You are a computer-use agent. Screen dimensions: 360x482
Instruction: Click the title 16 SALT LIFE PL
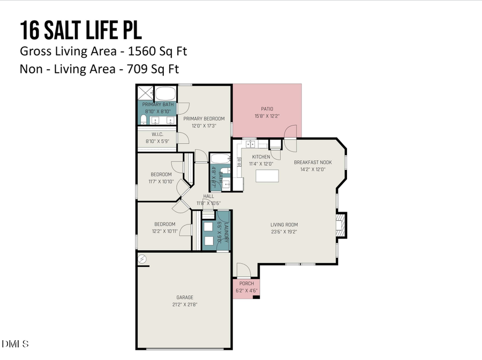[81, 31]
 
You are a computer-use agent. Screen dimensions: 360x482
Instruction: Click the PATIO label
[267, 108]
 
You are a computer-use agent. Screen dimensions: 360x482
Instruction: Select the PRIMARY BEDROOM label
[204, 118]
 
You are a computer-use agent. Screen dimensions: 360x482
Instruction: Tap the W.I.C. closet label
[157, 134]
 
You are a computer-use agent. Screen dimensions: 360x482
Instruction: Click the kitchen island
[268, 176]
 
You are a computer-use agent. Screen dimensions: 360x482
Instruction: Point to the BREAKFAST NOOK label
[313, 162]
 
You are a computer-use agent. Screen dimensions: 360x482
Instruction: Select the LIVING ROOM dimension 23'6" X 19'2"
[284, 232]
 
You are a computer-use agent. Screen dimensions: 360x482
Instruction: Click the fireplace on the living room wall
[340, 225]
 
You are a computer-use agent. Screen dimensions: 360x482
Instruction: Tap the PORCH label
[246, 283]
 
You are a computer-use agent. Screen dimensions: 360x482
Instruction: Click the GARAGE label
[185, 297]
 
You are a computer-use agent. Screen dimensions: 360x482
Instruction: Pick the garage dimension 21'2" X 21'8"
[185, 304]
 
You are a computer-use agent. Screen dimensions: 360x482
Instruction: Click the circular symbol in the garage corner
[142, 259]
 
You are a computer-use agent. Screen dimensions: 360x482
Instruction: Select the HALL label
[208, 196]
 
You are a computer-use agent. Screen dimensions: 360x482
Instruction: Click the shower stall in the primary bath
[146, 92]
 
